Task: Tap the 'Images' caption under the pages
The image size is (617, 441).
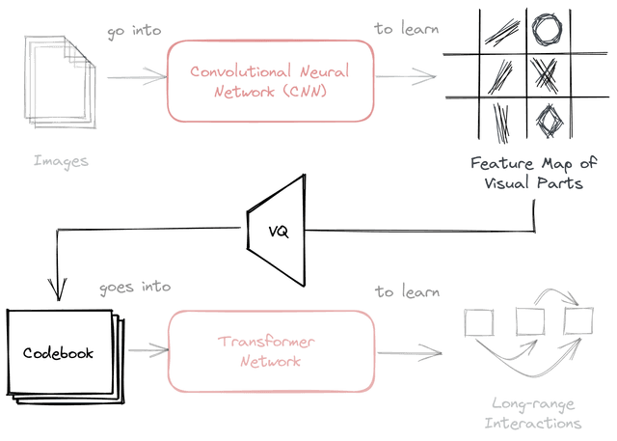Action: pyautogui.click(x=61, y=160)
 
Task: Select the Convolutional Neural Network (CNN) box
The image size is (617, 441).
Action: pyautogui.click(x=270, y=80)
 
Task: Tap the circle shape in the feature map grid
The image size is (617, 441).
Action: pyautogui.click(x=548, y=33)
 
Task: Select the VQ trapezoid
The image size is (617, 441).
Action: pyautogui.click(x=278, y=233)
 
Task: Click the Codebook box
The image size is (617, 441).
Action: pyautogui.click(x=60, y=353)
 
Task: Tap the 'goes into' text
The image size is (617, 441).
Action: pyautogui.click(x=135, y=288)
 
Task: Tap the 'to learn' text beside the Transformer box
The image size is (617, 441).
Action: pyautogui.click(x=408, y=290)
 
